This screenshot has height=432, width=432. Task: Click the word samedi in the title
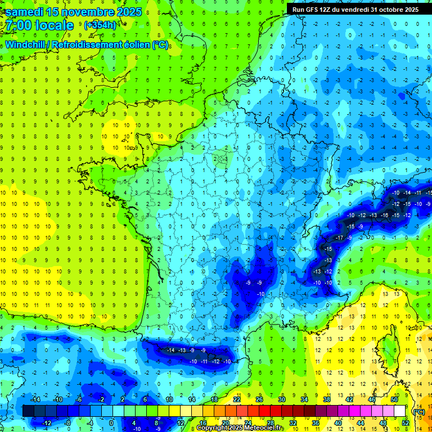(26, 12)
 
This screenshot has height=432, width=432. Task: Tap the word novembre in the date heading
(82, 12)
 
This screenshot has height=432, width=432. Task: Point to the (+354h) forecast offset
(100, 25)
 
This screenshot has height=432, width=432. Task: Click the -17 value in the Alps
(339, 238)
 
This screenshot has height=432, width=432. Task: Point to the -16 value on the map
(385, 215)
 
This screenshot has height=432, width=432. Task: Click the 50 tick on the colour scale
(394, 399)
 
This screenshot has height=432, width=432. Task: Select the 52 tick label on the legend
(405, 423)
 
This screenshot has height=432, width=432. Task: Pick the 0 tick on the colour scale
(111, 423)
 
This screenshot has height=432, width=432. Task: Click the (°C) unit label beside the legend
(418, 412)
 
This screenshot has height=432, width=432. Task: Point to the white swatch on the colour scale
(399, 411)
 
